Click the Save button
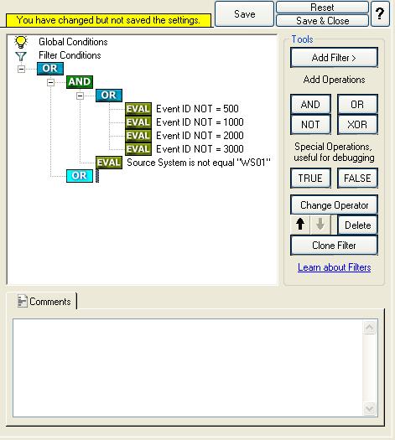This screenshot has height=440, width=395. tap(244, 13)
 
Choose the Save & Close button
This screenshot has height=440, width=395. tap(322, 20)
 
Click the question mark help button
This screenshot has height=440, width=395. tap(380, 13)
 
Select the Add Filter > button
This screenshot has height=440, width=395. tap(334, 58)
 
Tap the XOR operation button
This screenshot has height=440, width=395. tap(357, 124)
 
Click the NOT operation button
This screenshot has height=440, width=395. tap(310, 124)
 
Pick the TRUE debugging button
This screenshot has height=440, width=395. tap(310, 179)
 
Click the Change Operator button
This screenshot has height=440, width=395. tap(334, 205)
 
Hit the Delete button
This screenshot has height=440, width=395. tap(357, 225)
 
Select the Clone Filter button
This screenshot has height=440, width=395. tap(334, 246)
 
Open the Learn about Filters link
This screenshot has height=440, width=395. tap(334, 267)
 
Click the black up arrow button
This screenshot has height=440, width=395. tap(300, 225)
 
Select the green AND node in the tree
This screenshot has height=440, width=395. tap(80, 82)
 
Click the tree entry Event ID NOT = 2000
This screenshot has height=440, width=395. tap(200, 136)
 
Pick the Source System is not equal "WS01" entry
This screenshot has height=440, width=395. tap(199, 163)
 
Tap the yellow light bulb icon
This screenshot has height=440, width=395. tap(21, 42)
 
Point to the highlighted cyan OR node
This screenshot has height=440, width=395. tap(80, 176)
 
